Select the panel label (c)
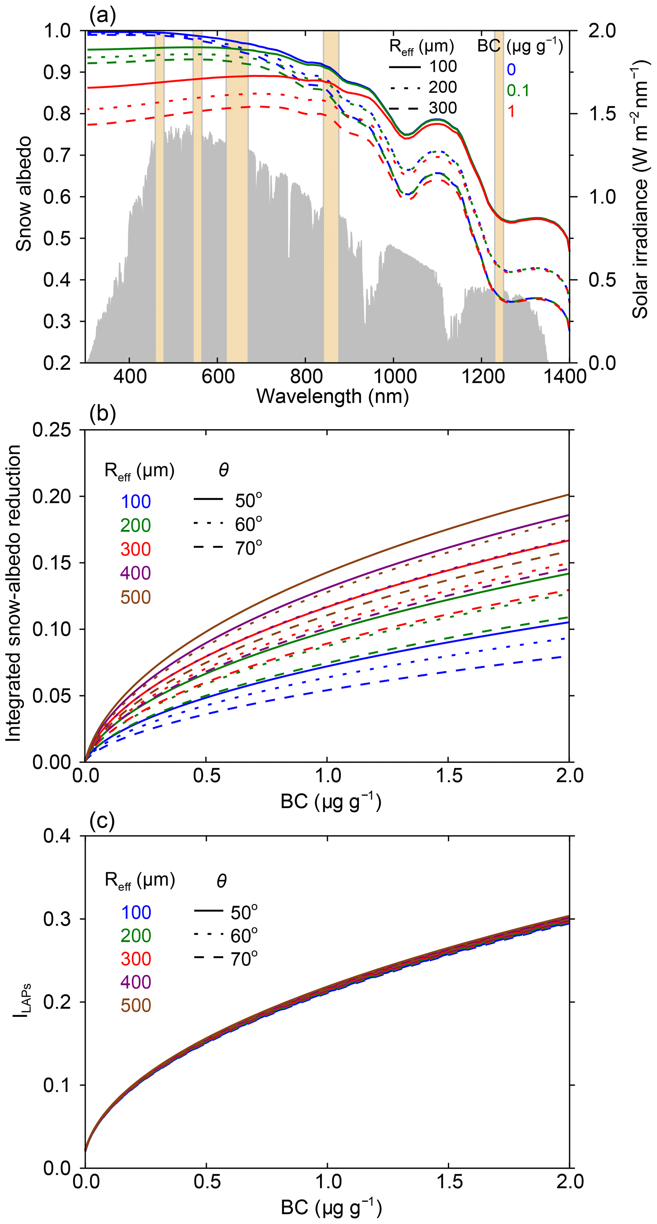(102, 821)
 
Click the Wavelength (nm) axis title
(332, 396)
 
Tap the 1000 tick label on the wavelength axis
(394, 376)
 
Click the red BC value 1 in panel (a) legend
(511, 111)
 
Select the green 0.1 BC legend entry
(517, 90)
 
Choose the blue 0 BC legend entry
(511, 70)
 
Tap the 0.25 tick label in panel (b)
(51, 430)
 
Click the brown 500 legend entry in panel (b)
(135, 597)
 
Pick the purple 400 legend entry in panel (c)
(136, 982)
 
